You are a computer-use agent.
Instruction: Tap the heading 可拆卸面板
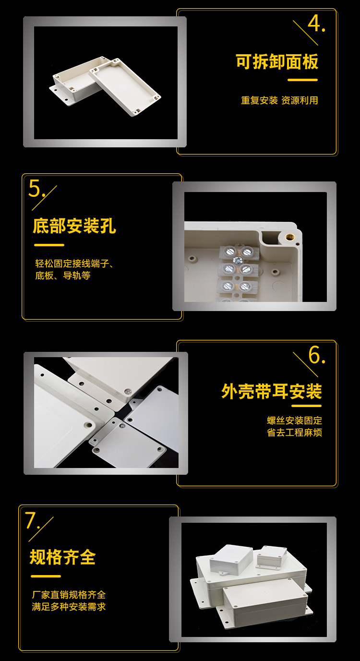[x=276, y=62]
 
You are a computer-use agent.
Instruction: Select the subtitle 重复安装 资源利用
[x=279, y=100]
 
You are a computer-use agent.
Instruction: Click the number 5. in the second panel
[x=37, y=188]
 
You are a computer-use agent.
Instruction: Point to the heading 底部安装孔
[x=74, y=226]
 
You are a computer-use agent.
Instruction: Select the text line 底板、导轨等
[x=62, y=276]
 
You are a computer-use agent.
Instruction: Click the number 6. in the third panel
[x=316, y=355]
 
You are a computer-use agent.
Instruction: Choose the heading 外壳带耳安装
[x=271, y=391]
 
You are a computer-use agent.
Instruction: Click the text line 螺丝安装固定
[x=294, y=421]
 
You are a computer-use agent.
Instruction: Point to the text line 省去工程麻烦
[x=294, y=433]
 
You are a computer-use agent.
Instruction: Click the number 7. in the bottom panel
[x=33, y=521]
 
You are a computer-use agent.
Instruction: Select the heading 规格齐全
[x=62, y=557]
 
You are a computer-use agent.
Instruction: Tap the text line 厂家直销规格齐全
[x=69, y=595]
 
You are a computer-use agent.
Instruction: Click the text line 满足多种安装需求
[x=69, y=607]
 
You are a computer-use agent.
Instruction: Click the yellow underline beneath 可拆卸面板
[x=302, y=80]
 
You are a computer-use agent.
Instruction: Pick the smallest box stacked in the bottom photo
[x=271, y=557]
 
